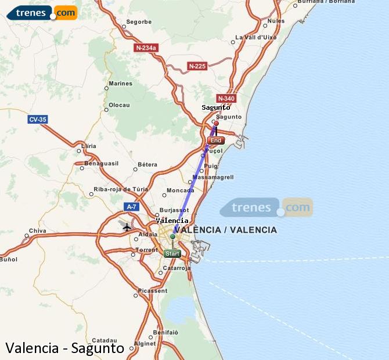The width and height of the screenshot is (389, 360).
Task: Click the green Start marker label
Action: (x=172, y=254)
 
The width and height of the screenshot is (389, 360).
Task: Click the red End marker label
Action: (x=215, y=141)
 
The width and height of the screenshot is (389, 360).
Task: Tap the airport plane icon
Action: (x=127, y=226)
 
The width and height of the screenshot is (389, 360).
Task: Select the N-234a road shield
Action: (x=146, y=48)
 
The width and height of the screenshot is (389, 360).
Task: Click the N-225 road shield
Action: (x=197, y=66)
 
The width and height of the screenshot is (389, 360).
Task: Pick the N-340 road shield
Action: (x=226, y=98)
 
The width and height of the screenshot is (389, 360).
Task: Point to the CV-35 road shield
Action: (x=38, y=120)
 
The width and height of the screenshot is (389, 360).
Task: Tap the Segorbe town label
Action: (x=139, y=22)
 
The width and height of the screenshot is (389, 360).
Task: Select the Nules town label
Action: (x=276, y=21)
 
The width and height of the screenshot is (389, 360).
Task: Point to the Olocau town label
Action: (x=119, y=105)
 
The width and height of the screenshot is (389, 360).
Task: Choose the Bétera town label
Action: (x=147, y=165)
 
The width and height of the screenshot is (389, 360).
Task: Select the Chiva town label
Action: (x=37, y=231)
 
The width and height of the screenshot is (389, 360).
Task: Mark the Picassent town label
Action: (x=154, y=290)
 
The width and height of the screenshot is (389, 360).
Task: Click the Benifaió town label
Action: (x=165, y=332)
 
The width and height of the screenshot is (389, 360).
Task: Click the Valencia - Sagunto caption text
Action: (x=65, y=348)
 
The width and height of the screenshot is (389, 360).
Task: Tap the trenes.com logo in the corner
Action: (x=42, y=12)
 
